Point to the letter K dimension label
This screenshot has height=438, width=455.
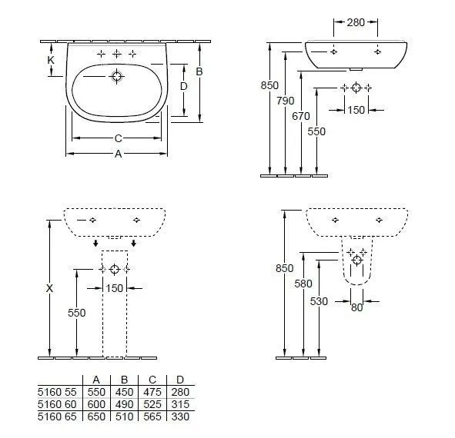coord(51,59)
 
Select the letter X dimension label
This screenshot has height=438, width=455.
coord(50,288)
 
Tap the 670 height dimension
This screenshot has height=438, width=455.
coord(301,116)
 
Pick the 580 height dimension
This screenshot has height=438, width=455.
coord(303,284)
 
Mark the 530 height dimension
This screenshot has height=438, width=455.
coord(320,301)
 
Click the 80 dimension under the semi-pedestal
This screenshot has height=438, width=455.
coord(356,309)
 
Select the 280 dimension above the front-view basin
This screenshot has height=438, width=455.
coord(356,23)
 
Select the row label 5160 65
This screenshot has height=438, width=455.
coord(59,416)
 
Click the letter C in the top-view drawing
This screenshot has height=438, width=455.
coord(117,138)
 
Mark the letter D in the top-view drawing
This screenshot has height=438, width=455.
coord(183,87)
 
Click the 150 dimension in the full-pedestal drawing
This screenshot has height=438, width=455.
coord(115,288)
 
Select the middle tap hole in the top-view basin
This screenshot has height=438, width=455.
coord(117,53)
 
